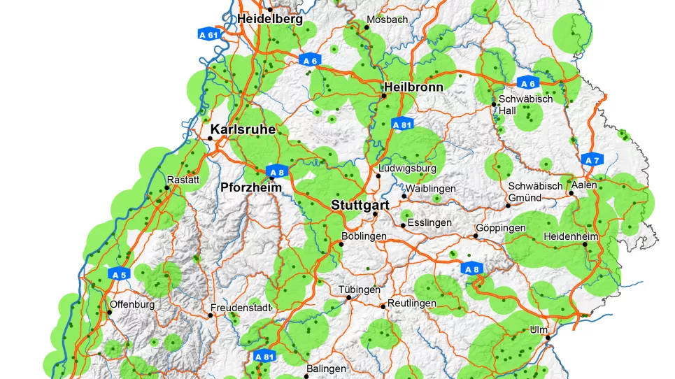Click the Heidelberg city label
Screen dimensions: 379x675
[270, 20]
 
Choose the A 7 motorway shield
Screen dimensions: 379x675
[592, 160]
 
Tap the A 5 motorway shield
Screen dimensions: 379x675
[119, 275]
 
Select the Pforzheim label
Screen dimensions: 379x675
[250, 187]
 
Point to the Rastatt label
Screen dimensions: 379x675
[183, 180]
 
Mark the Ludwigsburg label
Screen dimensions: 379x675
[407, 169]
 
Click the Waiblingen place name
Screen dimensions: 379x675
[429, 189]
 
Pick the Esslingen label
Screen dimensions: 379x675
[430, 223]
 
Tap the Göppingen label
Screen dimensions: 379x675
[500, 229]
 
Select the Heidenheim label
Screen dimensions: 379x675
[570, 236]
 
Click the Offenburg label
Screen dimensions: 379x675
[132, 305]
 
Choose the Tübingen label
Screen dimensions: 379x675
[359, 289]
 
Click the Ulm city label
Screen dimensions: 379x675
[539, 329]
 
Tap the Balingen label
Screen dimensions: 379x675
[326, 369]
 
